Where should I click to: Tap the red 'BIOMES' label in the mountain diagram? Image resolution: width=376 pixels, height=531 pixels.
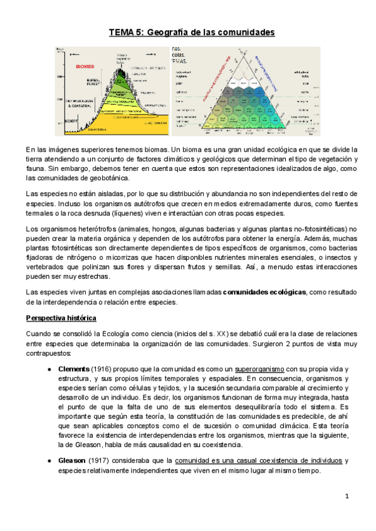tap(86, 64)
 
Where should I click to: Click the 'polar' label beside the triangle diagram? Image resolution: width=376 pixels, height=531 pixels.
tap(179, 81)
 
